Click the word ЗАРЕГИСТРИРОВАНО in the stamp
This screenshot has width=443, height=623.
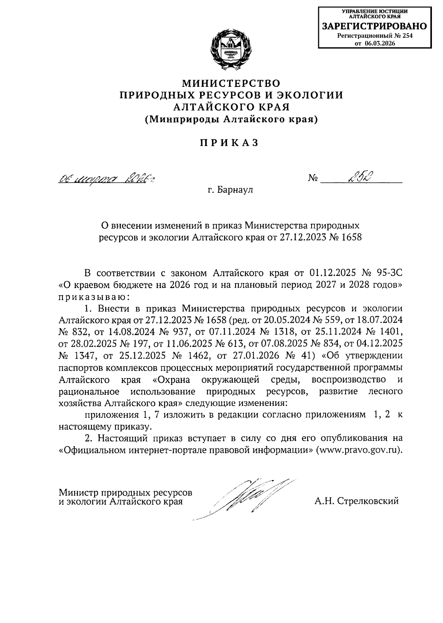tap(374, 27)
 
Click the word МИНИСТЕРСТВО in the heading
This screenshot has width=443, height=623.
tap(231, 82)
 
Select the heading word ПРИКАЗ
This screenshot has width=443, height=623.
tap(229, 143)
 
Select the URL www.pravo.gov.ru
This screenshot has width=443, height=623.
tap(357, 451)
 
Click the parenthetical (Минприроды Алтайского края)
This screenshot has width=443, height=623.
tap(231, 119)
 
